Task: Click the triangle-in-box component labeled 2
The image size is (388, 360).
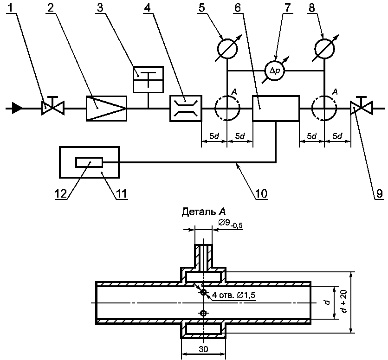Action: coord(106,109)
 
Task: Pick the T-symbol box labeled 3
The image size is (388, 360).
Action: coord(148,79)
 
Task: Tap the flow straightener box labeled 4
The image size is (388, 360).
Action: coord(186,109)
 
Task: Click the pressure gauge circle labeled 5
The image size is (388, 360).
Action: coord(227,49)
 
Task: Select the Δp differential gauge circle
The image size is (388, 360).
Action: coord(274,71)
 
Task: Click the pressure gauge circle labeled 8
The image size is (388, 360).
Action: coord(324,49)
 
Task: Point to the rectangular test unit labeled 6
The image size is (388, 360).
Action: coord(276,109)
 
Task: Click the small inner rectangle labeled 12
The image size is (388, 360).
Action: coord(89,162)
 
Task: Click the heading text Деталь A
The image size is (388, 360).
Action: coord(204,212)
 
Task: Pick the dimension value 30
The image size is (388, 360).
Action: coord(203,349)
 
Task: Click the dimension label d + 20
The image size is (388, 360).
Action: coord(345,302)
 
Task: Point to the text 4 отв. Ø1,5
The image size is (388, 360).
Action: coord(233,295)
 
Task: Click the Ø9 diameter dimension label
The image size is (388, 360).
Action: coord(230,224)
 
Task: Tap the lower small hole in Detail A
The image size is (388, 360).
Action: coord(203,314)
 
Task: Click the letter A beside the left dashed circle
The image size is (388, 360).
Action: coord(234,92)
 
